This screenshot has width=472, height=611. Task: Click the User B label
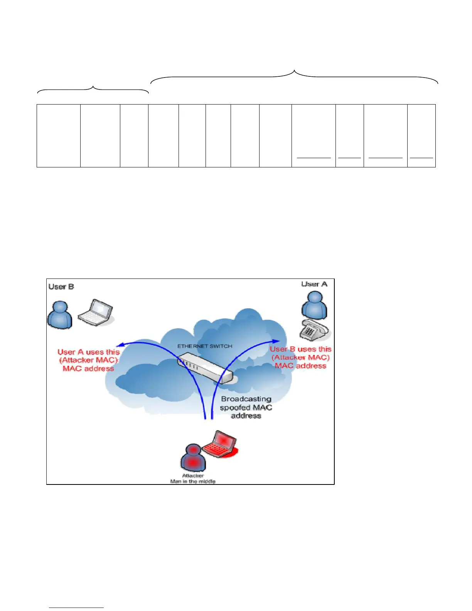[61, 287]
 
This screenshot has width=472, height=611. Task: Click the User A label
[314, 284]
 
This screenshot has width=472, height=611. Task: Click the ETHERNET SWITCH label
[205, 346]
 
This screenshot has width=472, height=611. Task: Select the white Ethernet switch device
[205, 367]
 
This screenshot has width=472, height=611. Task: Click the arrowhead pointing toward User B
[120, 344]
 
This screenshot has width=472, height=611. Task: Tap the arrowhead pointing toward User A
[276, 341]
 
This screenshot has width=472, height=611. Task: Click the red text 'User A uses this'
[88, 352]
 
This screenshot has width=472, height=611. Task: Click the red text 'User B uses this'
[300, 349]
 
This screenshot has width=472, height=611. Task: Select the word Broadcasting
[246, 399]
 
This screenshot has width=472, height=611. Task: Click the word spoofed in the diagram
[235, 407]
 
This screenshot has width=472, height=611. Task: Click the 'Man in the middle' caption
[193, 481]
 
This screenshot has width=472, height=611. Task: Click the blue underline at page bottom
[76, 608]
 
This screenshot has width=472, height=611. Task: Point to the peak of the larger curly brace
[295, 71]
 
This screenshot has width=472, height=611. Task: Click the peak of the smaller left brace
[93, 87]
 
